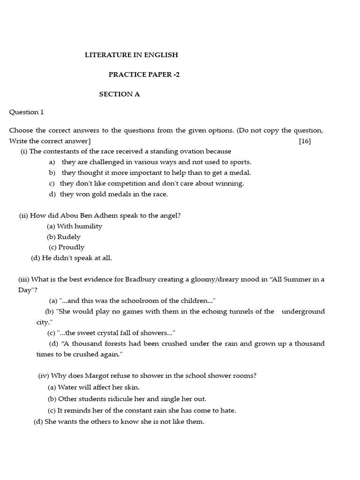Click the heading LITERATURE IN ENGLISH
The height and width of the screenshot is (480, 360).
(131, 55)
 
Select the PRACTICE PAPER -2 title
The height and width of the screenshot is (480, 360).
(144, 75)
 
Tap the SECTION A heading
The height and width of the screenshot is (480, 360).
(119, 94)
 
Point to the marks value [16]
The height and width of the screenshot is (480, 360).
(305, 141)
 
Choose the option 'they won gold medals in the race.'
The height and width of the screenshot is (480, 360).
(113, 194)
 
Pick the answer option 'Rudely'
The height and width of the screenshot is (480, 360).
(68, 237)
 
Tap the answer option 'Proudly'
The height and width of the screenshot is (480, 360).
(71, 247)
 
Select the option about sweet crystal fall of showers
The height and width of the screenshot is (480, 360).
(116, 333)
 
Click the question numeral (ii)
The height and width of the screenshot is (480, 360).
(23, 216)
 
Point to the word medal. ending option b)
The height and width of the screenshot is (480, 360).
(241, 173)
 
